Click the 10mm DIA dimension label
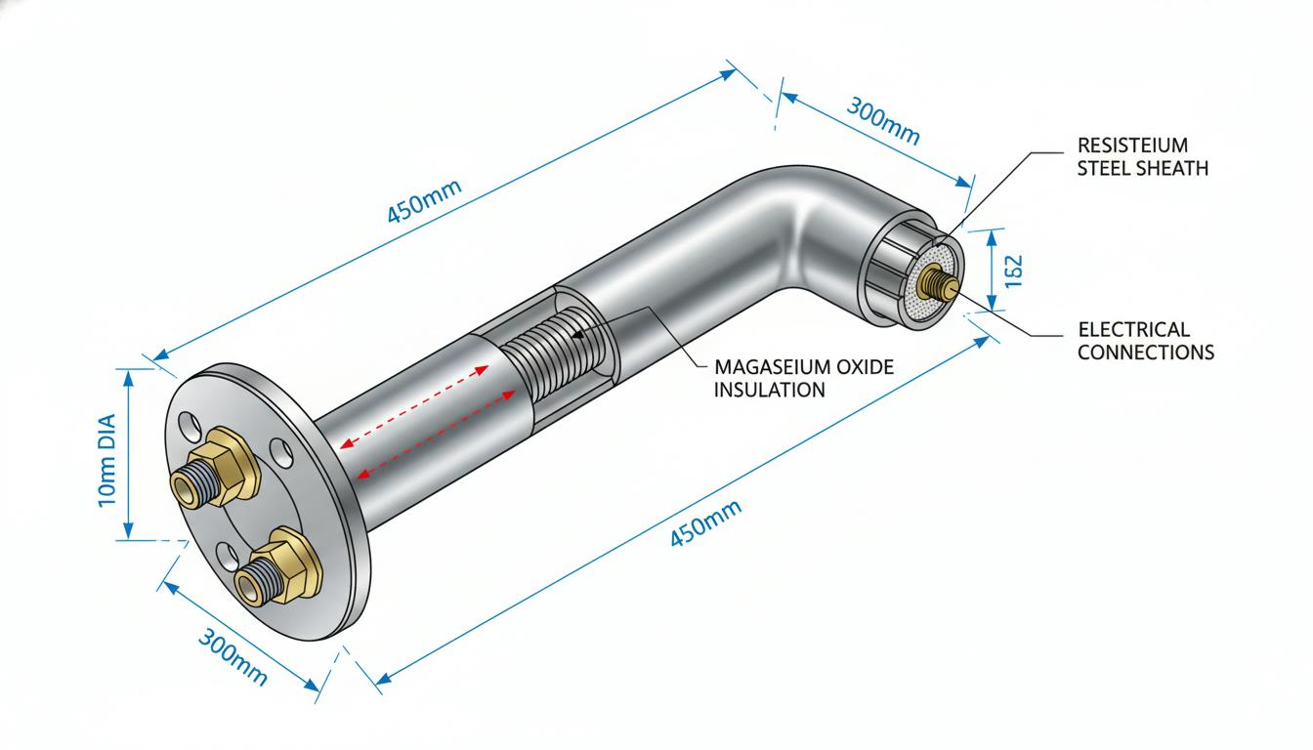[x=107, y=461]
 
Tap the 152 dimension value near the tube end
[x=1013, y=271]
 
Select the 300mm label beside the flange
[x=233, y=656]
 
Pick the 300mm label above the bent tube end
[x=883, y=121]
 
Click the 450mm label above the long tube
[x=424, y=200]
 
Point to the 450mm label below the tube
[x=705, y=522]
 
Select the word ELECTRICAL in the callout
[x=1133, y=329]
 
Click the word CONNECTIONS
[x=1146, y=353]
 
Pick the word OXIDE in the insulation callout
[x=865, y=367]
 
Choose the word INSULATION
[x=769, y=390]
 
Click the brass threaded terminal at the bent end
[x=938, y=281]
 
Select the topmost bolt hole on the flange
[x=189, y=426]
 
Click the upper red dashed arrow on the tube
[x=414, y=407]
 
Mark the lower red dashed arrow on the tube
[x=436, y=435]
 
